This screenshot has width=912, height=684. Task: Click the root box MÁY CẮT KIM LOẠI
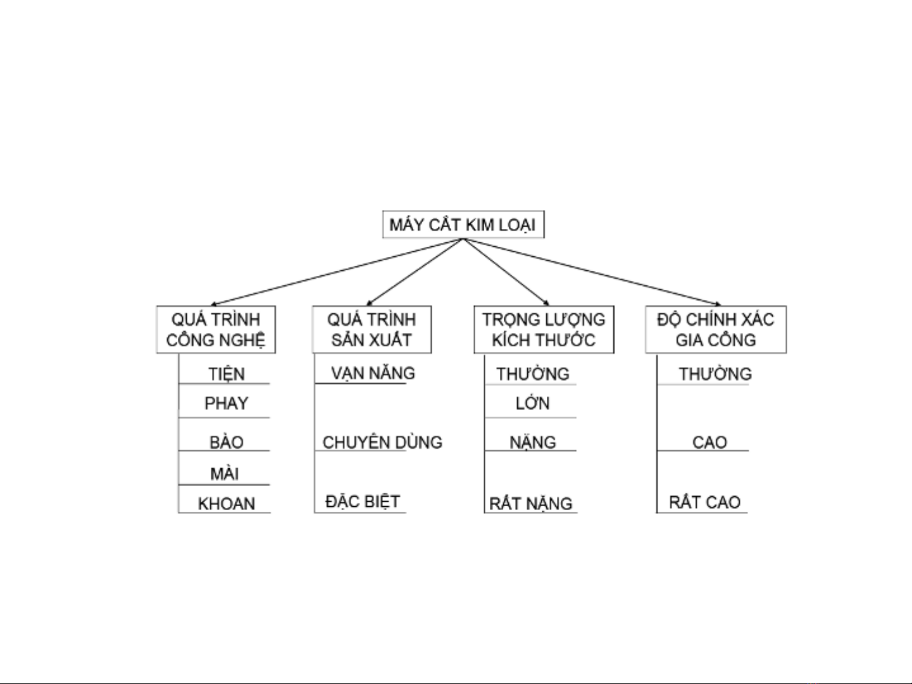click(463, 225)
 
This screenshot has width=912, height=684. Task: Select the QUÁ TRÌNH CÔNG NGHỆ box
click(216, 330)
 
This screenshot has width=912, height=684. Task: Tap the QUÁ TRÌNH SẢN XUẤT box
click(372, 330)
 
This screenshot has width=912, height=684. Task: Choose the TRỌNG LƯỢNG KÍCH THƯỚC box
click(544, 330)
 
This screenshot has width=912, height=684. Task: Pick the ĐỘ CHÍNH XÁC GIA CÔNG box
click(716, 330)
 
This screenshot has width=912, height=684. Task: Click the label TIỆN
click(227, 374)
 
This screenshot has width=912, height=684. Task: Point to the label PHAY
click(226, 403)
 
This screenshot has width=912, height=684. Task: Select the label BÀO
click(227, 442)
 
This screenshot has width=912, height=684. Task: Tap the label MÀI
click(225, 473)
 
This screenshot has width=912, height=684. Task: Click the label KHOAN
click(227, 504)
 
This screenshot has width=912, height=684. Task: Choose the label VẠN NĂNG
click(373, 373)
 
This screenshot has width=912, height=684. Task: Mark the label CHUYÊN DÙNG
click(382, 442)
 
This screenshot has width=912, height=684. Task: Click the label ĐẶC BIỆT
click(363, 502)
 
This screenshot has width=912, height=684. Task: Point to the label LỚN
click(532, 403)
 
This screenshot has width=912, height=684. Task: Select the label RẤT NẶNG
click(531, 504)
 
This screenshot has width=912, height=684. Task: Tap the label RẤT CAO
click(704, 502)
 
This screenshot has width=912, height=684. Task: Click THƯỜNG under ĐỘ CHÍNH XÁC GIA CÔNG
click(715, 374)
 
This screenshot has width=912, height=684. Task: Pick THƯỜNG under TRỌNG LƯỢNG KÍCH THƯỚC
click(533, 374)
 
